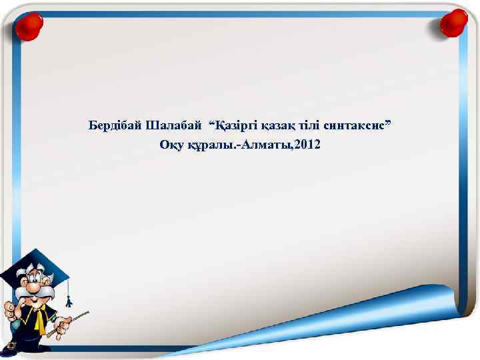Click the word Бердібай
(115, 125)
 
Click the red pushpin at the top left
(27, 26)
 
